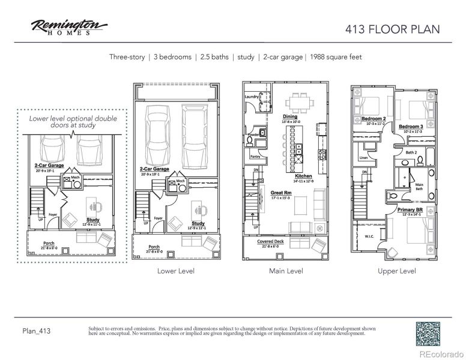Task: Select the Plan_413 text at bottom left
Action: (36, 331)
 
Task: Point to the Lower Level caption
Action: (175, 271)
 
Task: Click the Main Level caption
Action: (286, 271)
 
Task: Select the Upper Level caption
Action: (397, 271)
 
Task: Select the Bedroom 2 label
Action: (373, 119)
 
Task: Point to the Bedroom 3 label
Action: (411, 127)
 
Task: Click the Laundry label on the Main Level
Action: (252, 96)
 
